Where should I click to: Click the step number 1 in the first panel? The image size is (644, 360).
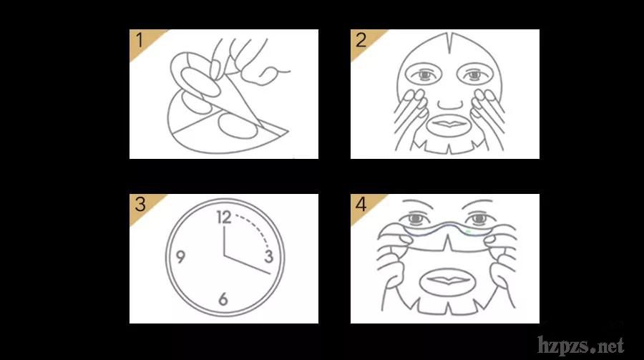[140, 40]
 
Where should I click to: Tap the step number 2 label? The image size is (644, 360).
[361, 40]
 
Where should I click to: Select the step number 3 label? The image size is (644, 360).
[140, 204]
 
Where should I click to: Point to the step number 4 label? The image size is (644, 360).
[361, 204]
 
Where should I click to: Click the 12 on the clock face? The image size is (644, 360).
[224, 218]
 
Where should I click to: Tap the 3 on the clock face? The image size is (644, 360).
[269, 256]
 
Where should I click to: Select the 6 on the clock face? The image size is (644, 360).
[223, 298]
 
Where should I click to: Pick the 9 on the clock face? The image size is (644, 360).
[180, 256]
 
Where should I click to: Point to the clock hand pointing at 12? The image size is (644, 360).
[224, 241]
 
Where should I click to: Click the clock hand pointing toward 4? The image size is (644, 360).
[248, 265]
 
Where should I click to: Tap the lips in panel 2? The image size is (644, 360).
[449, 123]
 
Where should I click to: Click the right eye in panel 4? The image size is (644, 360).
[479, 218]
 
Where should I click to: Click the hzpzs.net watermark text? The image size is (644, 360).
[581, 345]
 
